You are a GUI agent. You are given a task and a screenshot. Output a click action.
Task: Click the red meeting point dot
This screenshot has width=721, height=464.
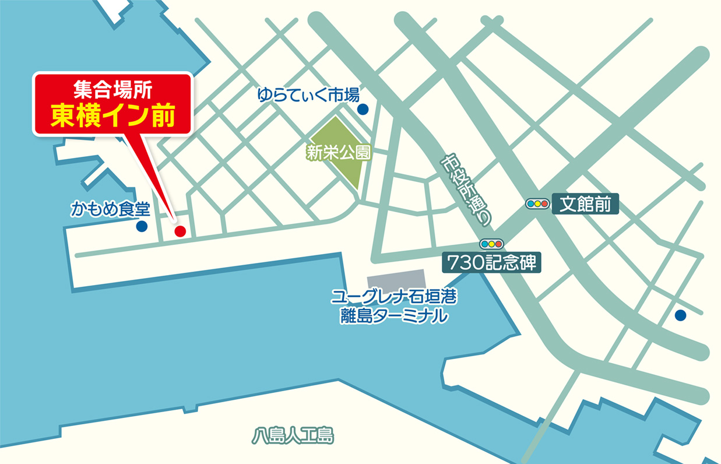click(180, 231)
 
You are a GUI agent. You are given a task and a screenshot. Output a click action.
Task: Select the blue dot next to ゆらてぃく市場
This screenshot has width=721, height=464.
click(363, 109)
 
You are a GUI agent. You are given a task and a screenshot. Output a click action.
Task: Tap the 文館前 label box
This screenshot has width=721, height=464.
click(585, 204)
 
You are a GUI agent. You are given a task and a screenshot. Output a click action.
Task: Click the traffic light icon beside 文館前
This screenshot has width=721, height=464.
click(537, 204)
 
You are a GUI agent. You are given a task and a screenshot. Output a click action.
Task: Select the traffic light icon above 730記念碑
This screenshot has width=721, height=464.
click(491, 244)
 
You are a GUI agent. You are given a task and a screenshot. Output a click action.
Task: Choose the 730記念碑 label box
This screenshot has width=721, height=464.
click(491, 262)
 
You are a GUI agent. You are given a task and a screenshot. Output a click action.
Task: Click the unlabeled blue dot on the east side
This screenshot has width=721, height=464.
click(680, 315)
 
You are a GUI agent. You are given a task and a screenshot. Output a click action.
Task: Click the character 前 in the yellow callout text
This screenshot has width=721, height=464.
click(163, 116)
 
